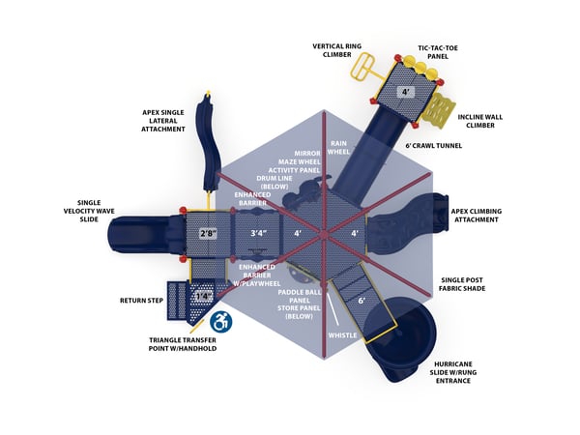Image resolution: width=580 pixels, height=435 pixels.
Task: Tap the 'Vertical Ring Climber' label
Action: click(337, 49)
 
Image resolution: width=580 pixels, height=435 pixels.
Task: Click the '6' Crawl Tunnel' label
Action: click(433, 146)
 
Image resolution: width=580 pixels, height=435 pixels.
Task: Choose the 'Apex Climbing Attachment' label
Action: click(476, 215)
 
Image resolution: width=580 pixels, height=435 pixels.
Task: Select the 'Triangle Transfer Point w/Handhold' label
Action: click(183, 344)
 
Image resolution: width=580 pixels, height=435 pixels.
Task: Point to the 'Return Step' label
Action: click(142, 300)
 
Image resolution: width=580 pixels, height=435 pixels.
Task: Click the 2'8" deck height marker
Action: click(207, 233)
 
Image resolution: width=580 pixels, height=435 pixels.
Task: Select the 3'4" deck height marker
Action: click(258, 233)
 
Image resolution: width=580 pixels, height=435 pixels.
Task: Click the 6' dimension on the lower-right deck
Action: click(362, 301)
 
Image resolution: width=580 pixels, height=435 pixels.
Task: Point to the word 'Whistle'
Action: click(342, 335)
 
